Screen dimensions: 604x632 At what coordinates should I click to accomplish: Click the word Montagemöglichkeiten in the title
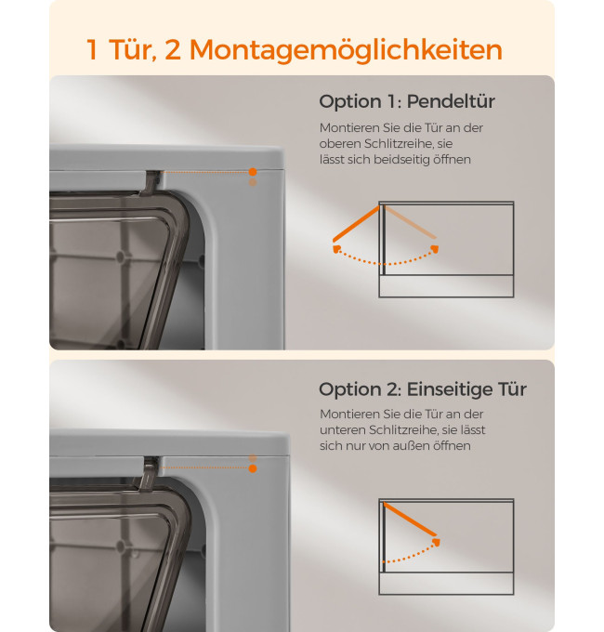346,51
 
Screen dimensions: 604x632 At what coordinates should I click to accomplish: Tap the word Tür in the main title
133,49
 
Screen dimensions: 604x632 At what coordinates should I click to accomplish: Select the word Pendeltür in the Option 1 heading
451,101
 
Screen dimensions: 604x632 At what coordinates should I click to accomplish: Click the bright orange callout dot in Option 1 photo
253,172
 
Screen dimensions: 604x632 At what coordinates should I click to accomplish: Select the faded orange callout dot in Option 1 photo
253,182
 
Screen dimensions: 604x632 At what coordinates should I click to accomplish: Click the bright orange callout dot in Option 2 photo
253,468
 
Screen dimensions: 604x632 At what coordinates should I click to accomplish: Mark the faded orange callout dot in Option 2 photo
253,458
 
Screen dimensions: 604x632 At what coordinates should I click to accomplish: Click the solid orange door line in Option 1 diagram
356,224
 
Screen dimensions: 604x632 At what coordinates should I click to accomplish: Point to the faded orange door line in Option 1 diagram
410,222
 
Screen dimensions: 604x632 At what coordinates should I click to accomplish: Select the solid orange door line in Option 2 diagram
410,520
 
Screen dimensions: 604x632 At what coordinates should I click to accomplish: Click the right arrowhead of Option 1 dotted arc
434,249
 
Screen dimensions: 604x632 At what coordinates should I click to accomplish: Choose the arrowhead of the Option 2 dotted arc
436,543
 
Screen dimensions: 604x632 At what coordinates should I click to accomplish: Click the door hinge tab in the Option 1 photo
151,182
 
